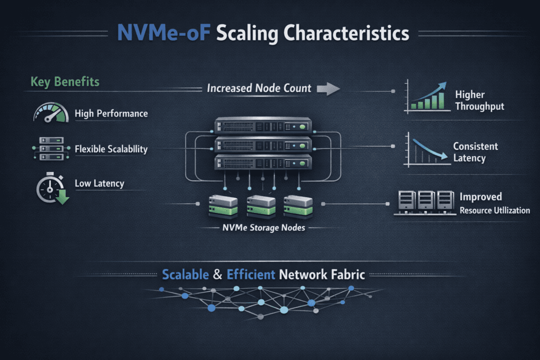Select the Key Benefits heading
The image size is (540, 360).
(x=65, y=82)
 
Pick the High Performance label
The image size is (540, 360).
(x=111, y=113)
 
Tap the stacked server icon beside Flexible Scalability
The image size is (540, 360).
(x=48, y=149)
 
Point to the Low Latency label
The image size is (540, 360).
(x=100, y=183)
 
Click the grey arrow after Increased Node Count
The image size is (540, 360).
(x=328, y=89)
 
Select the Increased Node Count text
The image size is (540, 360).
(x=259, y=88)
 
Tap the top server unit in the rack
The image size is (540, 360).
(x=262, y=127)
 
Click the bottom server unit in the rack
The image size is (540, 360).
(x=262, y=162)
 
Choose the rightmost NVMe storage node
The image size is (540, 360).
(x=298, y=207)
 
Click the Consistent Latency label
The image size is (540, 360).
(x=475, y=152)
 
